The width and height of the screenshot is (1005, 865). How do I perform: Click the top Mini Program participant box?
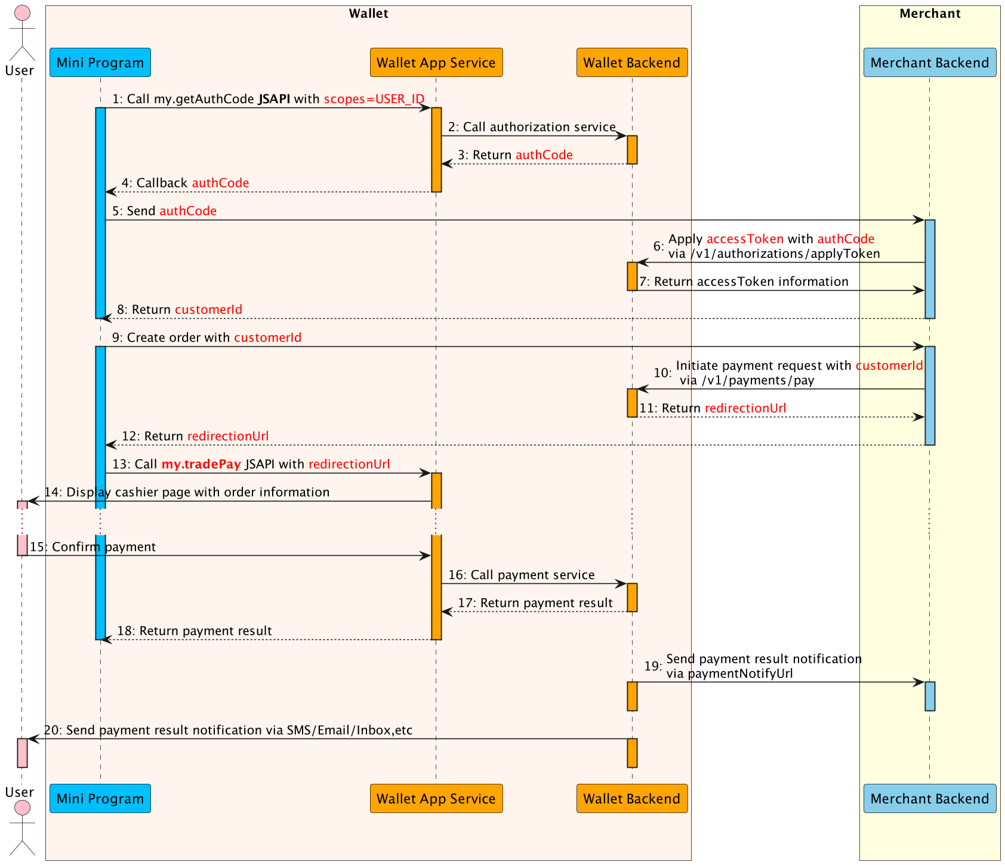pyautogui.click(x=100, y=63)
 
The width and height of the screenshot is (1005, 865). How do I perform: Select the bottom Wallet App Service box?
pyautogui.click(x=436, y=799)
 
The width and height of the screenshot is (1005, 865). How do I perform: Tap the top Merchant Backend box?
pyautogui.click(x=929, y=63)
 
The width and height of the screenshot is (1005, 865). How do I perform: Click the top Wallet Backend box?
pyautogui.click(x=631, y=63)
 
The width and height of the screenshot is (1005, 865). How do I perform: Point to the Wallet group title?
pyautogui.click(x=368, y=14)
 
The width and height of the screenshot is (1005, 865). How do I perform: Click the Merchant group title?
pyautogui.click(x=930, y=14)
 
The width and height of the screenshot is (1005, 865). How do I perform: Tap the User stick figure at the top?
pyautogui.click(x=22, y=33)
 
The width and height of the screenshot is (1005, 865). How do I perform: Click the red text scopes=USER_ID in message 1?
pyautogui.click(x=374, y=99)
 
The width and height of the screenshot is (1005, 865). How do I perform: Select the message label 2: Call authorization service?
pyautogui.click(x=532, y=127)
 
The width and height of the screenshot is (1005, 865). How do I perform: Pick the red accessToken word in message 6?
pyautogui.click(x=745, y=239)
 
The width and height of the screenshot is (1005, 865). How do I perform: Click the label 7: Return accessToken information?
pyautogui.click(x=744, y=282)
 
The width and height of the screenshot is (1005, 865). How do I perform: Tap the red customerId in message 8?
pyautogui.click(x=208, y=310)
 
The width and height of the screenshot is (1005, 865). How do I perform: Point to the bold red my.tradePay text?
pyautogui.click(x=201, y=464)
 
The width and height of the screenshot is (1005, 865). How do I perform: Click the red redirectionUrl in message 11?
pyautogui.click(x=745, y=408)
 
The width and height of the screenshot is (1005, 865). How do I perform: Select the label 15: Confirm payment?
pyautogui.click(x=93, y=547)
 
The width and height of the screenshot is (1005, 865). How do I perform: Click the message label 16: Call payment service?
pyautogui.click(x=521, y=575)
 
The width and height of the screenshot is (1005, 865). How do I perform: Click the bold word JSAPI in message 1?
pyautogui.click(x=274, y=99)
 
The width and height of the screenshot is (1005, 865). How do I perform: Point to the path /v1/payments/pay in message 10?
pyautogui.click(x=757, y=380)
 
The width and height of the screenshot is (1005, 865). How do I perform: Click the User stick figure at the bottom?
pyautogui.click(x=22, y=830)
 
